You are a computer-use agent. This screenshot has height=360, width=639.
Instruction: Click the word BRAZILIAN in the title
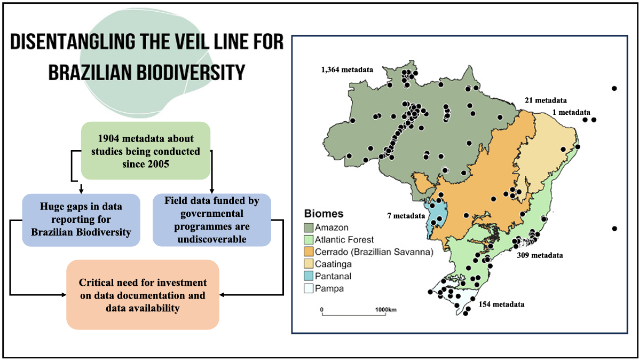click(x=90, y=73)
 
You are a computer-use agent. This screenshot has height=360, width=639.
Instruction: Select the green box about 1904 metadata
click(x=146, y=151)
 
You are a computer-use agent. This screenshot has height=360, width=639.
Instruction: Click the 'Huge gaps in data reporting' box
click(x=81, y=220)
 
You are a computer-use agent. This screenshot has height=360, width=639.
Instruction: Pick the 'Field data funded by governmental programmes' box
click(x=212, y=220)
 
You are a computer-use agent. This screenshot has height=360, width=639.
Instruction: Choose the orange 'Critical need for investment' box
click(x=143, y=295)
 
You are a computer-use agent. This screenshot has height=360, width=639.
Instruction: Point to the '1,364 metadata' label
click(x=347, y=70)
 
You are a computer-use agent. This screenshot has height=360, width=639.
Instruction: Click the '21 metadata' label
click(x=546, y=100)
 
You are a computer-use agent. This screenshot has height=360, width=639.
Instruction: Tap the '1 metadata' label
click(x=571, y=112)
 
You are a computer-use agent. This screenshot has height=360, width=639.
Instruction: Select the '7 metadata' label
click(x=406, y=216)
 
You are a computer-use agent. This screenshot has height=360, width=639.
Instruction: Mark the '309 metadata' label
click(x=540, y=256)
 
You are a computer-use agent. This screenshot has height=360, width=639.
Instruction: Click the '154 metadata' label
click(x=501, y=304)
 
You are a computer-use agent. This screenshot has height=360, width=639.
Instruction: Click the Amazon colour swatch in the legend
click(x=309, y=228)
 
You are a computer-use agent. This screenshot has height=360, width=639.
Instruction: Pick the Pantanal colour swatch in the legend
click(x=309, y=277)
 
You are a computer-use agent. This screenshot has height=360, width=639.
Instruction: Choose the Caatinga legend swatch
click(x=309, y=264)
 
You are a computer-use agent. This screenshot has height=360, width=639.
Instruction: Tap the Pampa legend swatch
click(x=309, y=288)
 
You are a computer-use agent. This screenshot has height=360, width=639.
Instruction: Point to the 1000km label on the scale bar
click(x=386, y=310)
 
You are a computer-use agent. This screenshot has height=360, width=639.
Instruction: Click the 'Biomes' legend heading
click(x=324, y=214)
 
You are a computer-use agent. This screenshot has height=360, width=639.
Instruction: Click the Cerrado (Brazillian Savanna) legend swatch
click(x=309, y=252)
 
